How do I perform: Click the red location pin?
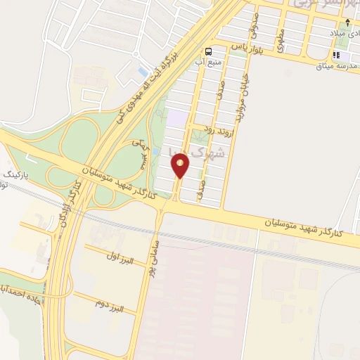pyautogui.click(x=181, y=166)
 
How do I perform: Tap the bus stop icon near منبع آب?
pyautogui.click(x=209, y=51)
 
